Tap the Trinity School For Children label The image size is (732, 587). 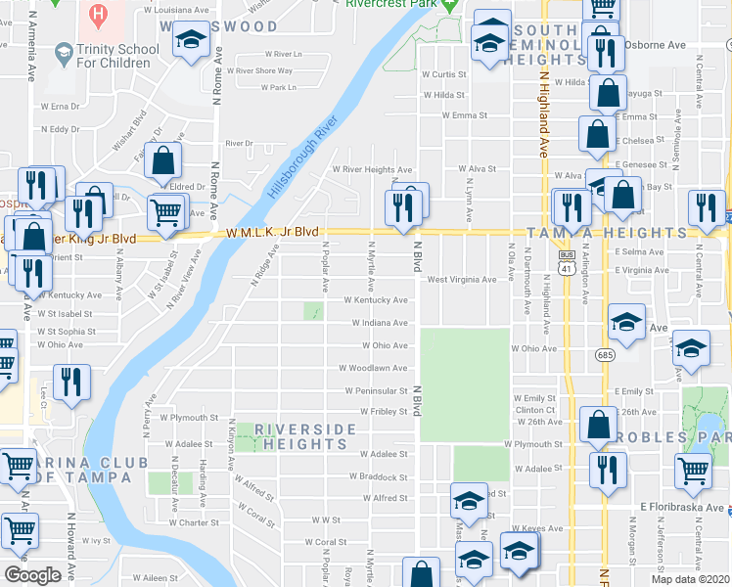coord(102,57)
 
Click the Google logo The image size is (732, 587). coord(32,575)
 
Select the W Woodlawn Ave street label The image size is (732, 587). coord(373,368)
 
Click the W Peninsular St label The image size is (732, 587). coord(375,390)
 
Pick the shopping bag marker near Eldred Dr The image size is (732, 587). coord(164,162)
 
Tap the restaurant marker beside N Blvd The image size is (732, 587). coord(401,206)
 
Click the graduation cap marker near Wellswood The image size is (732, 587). coord(190,40)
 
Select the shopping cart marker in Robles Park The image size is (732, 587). coord(693,471)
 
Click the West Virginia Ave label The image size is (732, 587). coord(461,279)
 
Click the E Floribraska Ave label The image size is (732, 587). coord(682,508)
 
